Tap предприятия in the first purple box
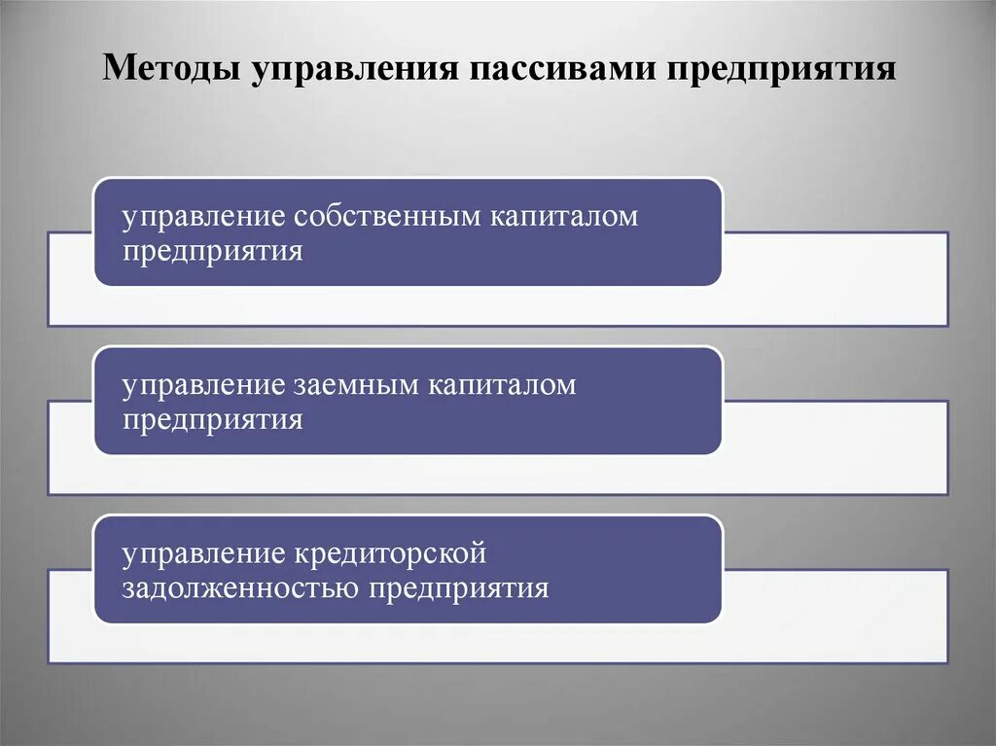(213, 251)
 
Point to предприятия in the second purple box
(213, 420)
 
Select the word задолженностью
(240, 589)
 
